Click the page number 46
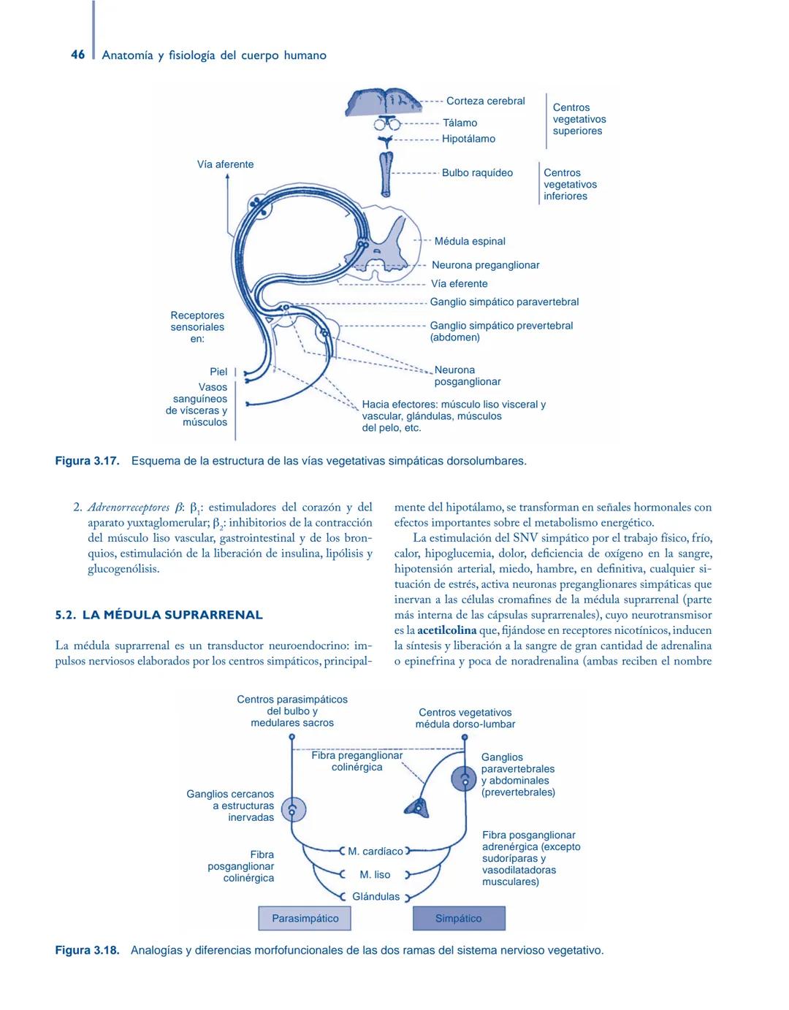77,55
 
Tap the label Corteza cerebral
485,101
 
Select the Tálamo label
460,123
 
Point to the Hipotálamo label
468,139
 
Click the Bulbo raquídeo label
477,173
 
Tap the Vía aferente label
225,164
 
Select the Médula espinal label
470,241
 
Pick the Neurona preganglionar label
485,265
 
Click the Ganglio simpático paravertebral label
504,302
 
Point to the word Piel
218,372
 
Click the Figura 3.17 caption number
87,461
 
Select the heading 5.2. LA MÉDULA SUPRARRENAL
159,615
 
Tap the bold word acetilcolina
446,630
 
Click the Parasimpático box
305,918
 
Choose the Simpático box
459,918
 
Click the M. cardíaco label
375,851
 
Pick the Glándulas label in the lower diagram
376,896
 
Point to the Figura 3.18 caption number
87,950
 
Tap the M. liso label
375,874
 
